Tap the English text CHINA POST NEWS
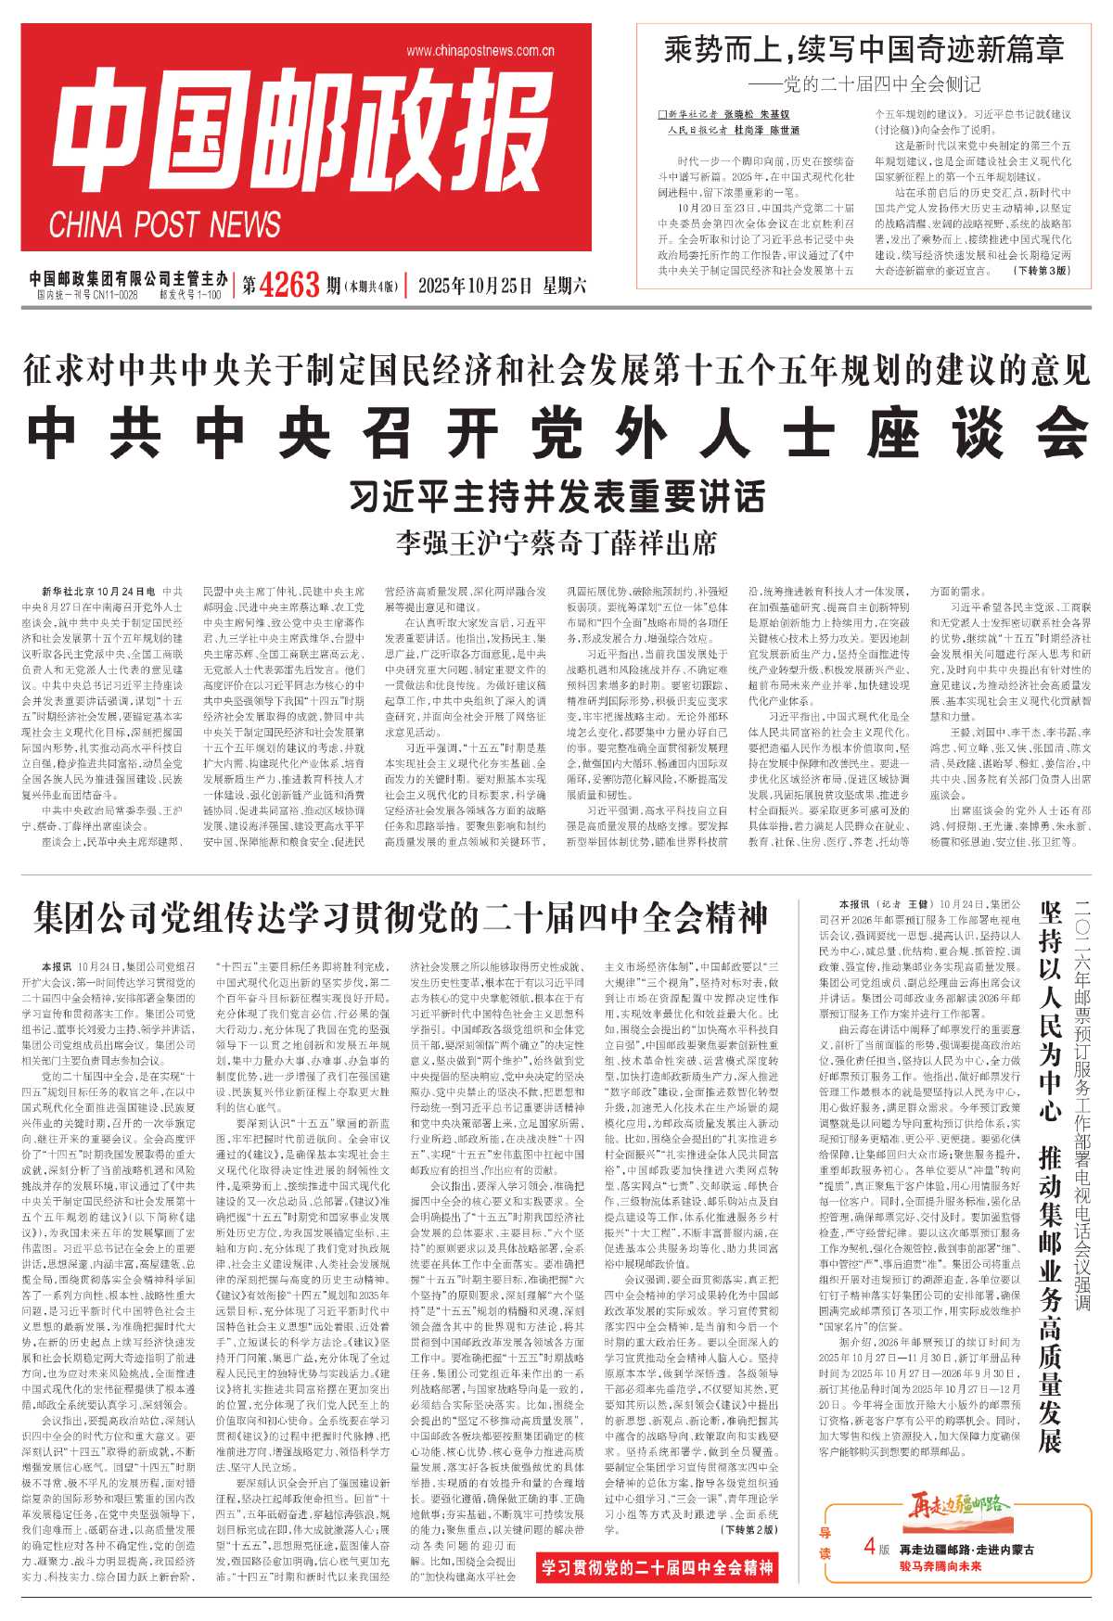click(x=165, y=225)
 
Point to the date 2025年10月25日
click(x=474, y=286)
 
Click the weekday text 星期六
click(x=562, y=286)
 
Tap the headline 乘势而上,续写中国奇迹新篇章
click(x=864, y=50)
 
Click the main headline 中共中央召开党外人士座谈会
click(x=556, y=431)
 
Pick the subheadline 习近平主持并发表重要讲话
click(x=556, y=497)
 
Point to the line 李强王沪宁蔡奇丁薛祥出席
click(x=556, y=542)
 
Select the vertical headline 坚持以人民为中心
click(x=1051, y=1011)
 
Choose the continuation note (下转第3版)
click(x=1042, y=271)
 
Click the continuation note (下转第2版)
click(x=752, y=1528)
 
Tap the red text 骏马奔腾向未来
click(x=940, y=1566)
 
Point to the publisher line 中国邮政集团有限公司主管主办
click(x=128, y=278)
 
